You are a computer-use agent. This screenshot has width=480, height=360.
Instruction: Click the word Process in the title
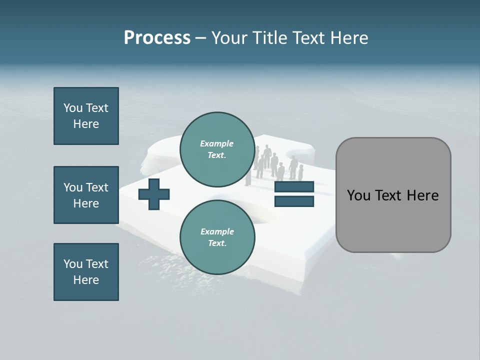click(x=157, y=38)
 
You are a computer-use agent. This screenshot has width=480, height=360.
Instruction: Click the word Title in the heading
click(x=270, y=38)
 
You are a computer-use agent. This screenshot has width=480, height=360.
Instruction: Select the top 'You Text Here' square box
click(x=86, y=116)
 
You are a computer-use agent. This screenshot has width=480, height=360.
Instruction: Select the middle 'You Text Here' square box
click(x=86, y=195)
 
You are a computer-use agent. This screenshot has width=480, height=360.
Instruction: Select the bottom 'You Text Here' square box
click(x=86, y=272)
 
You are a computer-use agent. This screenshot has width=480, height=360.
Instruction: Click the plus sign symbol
click(x=154, y=194)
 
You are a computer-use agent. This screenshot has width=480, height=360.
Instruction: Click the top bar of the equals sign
click(x=294, y=187)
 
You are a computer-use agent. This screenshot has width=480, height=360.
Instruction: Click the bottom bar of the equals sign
click(x=294, y=201)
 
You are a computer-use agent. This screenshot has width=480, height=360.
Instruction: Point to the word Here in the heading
click(x=349, y=38)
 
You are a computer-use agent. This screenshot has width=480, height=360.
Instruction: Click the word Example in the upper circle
click(x=216, y=143)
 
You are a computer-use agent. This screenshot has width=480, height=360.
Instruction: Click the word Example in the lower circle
click(x=217, y=231)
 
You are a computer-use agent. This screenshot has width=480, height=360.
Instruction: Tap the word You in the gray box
click(x=358, y=195)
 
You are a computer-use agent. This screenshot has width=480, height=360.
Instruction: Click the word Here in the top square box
click(x=86, y=124)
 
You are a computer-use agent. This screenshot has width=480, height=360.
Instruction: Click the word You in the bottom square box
click(x=73, y=264)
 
